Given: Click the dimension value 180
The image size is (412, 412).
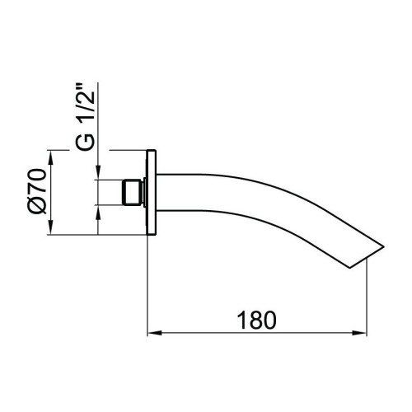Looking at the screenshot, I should point(255,318).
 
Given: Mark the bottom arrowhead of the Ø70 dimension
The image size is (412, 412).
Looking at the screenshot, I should point(52,231).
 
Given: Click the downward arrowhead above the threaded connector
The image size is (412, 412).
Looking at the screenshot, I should point(98,173).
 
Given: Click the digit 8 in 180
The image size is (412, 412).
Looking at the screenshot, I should point(255,318).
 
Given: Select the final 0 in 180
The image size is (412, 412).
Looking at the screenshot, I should point(271,318).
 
